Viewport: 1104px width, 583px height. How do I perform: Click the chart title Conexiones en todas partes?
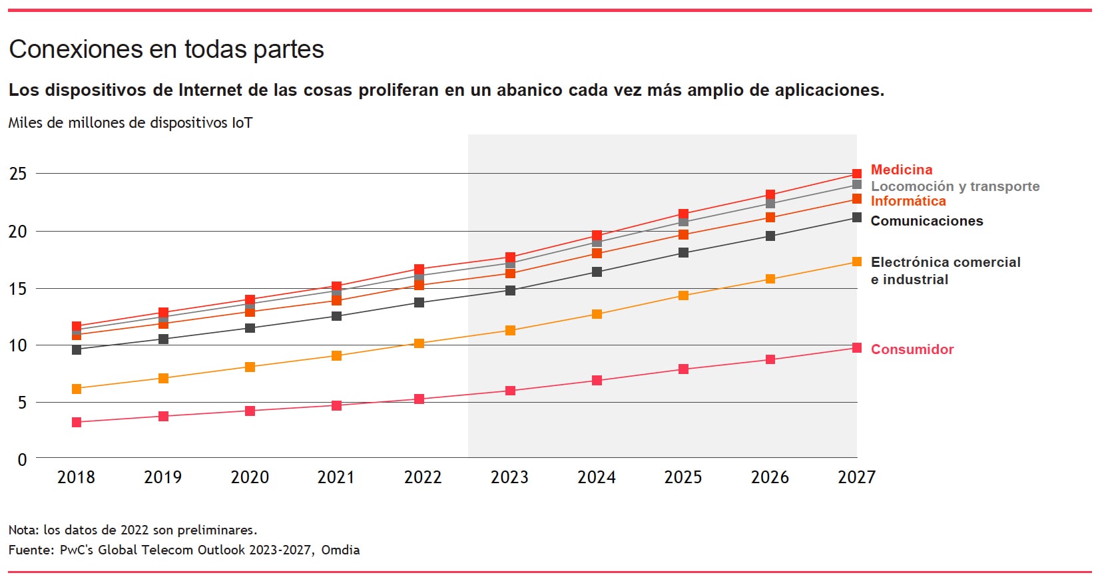tap(166, 49)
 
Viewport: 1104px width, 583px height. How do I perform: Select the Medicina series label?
tap(901, 170)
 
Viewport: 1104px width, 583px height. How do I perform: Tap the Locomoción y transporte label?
tap(955, 186)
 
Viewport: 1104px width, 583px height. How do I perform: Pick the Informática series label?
tap(908, 201)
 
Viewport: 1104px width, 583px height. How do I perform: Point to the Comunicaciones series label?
tap(926, 221)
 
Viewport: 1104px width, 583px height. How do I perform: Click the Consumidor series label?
tap(912, 349)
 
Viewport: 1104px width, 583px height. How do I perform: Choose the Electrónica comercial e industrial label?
tap(945, 270)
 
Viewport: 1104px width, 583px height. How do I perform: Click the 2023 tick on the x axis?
tap(509, 477)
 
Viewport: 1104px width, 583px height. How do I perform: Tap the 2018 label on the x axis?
tap(76, 477)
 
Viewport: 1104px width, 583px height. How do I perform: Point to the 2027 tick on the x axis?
tap(856, 477)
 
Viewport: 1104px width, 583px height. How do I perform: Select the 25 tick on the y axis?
tap(18, 174)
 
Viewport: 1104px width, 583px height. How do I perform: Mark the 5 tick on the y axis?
tap(23, 403)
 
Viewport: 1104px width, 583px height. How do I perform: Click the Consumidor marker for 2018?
tap(77, 423)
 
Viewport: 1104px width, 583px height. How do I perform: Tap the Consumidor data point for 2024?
tap(597, 381)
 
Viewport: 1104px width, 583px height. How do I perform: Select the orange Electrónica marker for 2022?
tap(419, 343)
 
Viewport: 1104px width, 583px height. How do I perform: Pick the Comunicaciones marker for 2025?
tap(683, 253)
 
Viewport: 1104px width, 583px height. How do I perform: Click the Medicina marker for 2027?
tap(857, 174)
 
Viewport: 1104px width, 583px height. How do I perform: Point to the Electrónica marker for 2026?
tap(770, 279)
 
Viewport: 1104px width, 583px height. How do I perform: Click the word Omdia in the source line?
tap(340, 550)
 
